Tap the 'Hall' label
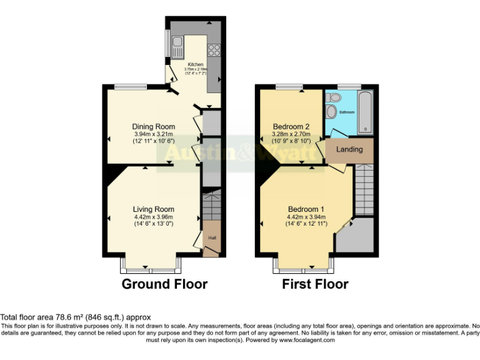[212, 237]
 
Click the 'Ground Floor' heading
[164, 284]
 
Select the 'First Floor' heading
[315, 284]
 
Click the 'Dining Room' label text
[153, 126]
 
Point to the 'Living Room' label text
[153, 209]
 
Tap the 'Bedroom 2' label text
[292, 126]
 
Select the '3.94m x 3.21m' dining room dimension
[153, 134]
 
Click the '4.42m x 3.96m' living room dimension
[153, 217]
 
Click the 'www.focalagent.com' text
[307, 341]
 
